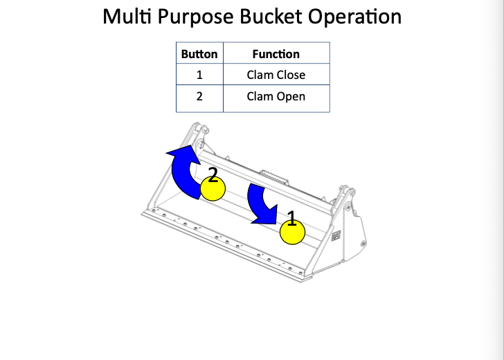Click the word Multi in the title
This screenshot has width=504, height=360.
click(125, 17)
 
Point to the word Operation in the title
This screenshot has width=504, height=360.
click(355, 17)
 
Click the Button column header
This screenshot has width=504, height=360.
click(199, 54)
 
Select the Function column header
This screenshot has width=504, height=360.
click(276, 54)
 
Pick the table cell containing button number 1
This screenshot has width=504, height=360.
click(199, 75)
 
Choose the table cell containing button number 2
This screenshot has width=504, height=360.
click(199, 96)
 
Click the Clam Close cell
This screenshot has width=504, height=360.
click(276, 75)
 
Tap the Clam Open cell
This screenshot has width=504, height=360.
click(276, 96)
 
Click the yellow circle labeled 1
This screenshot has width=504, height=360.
click(292, 233)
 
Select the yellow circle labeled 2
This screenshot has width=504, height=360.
click(213, 189)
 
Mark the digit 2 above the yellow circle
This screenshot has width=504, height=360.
click(213, 175)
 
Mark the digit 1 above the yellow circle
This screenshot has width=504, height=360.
click(292, 219)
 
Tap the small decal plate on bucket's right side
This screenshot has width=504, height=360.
click(336, 235)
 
